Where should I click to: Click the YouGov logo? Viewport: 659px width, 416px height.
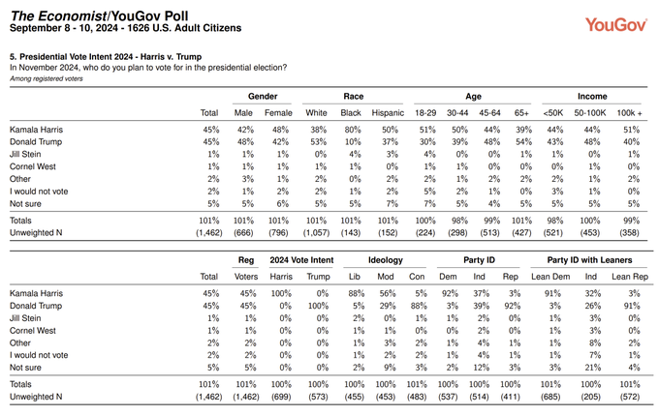[615, 25]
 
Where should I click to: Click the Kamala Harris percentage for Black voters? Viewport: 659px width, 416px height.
[353, 130]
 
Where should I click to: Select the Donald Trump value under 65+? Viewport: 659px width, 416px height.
[523, 142]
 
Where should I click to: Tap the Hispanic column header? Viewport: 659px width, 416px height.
[388, 113]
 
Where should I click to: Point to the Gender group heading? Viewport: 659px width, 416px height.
[263, 97]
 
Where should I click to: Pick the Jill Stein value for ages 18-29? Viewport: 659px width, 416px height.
[429, 154]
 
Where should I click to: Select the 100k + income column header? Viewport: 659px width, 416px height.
[629, 113]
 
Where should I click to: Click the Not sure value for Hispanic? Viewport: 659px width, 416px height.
[392, 204]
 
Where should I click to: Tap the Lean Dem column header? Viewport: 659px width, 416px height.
[550, 277]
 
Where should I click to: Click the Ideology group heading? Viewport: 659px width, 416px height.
[386, 260]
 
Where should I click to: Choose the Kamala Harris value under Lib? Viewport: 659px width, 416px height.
[356, 293]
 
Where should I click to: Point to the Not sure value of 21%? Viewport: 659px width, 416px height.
[592, 368]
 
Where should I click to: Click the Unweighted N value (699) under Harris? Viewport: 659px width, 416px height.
[281, 397]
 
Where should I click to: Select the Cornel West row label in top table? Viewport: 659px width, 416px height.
[33, 166]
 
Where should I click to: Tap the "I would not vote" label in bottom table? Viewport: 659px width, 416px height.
[39, 355]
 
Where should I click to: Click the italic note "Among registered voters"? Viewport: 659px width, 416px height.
[47, 78]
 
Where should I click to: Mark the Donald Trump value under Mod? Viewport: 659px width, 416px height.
[388, 306]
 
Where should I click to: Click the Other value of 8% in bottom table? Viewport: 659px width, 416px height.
[595, 343]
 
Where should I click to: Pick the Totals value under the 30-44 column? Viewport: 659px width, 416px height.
[459, 221]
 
